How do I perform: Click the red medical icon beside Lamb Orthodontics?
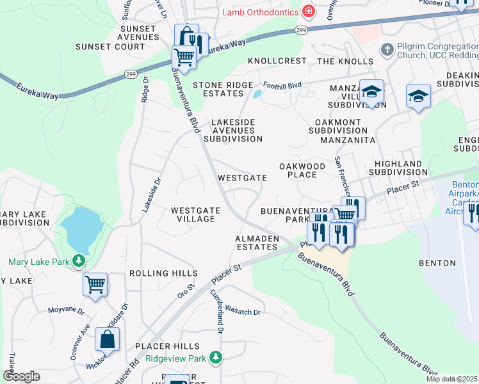[309, 12]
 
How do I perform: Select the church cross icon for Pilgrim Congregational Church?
[386, 49]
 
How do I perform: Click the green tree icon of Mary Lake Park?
[79, 261]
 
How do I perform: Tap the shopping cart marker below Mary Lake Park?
[95, 284]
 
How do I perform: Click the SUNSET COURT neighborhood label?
[110, 47]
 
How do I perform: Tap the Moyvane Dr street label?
[66, 310]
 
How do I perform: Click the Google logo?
[21, 376]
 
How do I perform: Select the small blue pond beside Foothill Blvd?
[257, 94]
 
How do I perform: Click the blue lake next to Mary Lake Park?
[81, 229]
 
